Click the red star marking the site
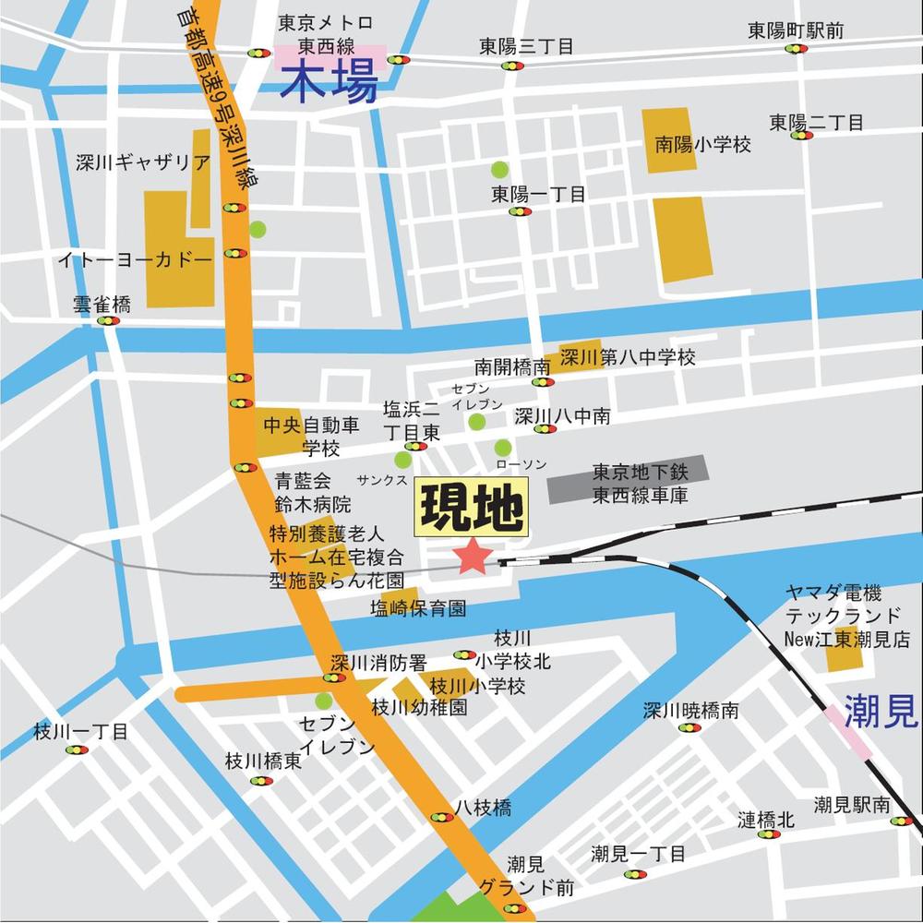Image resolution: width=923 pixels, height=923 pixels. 473,556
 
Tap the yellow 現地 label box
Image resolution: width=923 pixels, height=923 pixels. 471,508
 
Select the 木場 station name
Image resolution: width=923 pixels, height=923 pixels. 330,86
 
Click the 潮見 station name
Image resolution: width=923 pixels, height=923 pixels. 881,711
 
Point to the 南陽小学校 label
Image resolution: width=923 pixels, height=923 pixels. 703,145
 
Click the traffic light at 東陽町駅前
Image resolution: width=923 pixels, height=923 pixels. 796,49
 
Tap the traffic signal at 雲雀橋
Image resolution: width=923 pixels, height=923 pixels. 109,321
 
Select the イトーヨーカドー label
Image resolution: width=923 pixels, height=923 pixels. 135,260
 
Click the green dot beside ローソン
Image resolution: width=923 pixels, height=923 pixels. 503,448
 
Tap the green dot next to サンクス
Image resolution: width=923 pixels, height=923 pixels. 403,460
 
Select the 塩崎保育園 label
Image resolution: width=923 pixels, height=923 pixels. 418,608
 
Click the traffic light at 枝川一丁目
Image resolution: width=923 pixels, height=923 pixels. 76,749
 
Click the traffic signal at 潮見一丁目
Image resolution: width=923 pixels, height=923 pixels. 635,874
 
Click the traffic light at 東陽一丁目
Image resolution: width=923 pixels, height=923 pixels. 521,211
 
